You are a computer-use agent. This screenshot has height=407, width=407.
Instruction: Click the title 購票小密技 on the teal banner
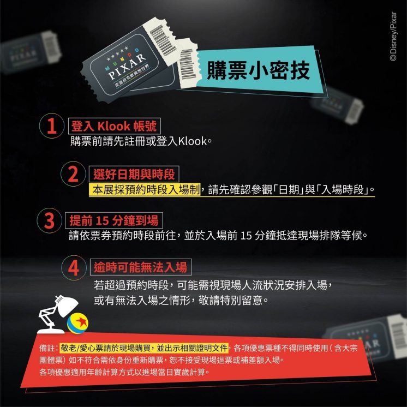pos(258,70)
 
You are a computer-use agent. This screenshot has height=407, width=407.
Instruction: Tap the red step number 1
pos(52,126)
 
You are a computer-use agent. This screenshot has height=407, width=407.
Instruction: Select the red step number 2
pos(73,174)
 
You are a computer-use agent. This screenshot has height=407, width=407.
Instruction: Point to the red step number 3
pos(49,221)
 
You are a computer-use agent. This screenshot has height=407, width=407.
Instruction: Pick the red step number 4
pos(74,268)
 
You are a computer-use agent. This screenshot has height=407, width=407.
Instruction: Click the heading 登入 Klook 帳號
pos(114,126)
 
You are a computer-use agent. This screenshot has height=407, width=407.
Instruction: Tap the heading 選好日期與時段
pos(134,174)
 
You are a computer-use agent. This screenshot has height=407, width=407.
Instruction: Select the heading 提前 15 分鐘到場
pos(114,220)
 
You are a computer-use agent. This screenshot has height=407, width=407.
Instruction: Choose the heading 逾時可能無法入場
pos(140,267)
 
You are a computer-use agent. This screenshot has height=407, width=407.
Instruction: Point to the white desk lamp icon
pos(57,314)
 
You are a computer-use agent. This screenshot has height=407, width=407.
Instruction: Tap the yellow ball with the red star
pos(77,323)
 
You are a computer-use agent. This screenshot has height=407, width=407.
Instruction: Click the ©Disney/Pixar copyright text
pos(393,37)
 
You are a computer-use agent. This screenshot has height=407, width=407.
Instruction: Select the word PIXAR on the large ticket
pos(127,67)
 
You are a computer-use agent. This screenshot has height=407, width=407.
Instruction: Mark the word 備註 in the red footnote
pos(47,348)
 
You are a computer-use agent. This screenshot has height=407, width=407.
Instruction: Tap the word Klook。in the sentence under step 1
pos(195,141)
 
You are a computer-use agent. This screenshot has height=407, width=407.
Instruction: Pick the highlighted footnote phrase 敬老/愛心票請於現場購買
pos(107,348)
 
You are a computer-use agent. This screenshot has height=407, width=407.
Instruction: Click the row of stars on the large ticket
pos(118,53)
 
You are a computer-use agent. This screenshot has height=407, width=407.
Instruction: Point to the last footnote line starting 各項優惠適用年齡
pos(124,372)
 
